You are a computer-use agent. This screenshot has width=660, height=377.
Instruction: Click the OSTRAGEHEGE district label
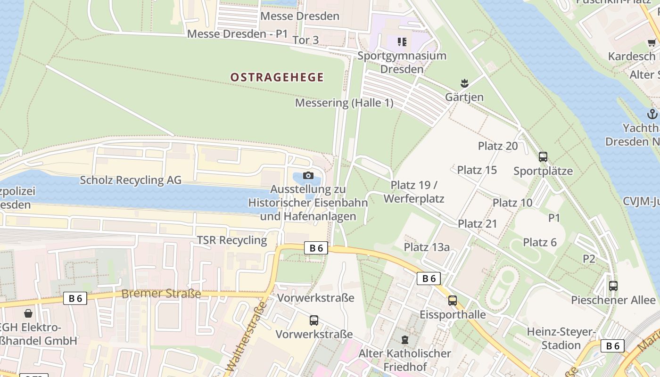(x=277, y=77)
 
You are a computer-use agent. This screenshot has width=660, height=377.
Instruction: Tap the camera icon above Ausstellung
(x=308, y=176)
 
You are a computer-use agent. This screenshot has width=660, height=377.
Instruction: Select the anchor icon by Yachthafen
(x=652, y=114)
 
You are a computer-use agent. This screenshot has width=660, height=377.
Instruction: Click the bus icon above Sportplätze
(x=543, y=157)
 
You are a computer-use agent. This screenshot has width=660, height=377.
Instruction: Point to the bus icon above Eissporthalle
(x=453, y=300)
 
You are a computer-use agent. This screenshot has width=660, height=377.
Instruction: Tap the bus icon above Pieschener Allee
(x=613, y=286)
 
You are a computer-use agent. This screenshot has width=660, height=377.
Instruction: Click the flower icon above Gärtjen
(x=464, y=83)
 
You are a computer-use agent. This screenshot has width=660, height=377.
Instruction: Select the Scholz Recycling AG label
(x=131, y=180)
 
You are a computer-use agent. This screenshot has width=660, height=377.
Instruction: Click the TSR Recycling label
(x=232, y=240)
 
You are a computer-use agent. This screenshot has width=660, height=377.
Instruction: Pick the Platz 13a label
(x=427, y=247)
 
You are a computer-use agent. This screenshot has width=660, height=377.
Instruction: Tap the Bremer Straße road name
(x=161, y=294)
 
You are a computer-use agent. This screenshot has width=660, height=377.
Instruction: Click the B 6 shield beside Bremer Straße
(x=75, y=298)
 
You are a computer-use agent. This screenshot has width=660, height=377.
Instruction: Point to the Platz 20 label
(x=498, y=146)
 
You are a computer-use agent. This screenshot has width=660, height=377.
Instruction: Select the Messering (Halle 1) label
(x=344, y=103)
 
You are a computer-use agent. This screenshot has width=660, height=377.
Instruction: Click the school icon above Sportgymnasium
(x=402, y=42)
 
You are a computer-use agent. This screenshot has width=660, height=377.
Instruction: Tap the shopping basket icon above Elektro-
(x=28, y=313)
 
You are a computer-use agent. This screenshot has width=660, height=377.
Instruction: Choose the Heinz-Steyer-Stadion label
(x=561, y=338)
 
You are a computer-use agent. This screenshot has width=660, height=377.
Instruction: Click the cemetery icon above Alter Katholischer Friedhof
(x=404, y=339)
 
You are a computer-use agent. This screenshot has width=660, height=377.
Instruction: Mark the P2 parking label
(x=589, y=259)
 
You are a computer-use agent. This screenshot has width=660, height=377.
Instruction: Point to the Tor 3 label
(x=305, y=40)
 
